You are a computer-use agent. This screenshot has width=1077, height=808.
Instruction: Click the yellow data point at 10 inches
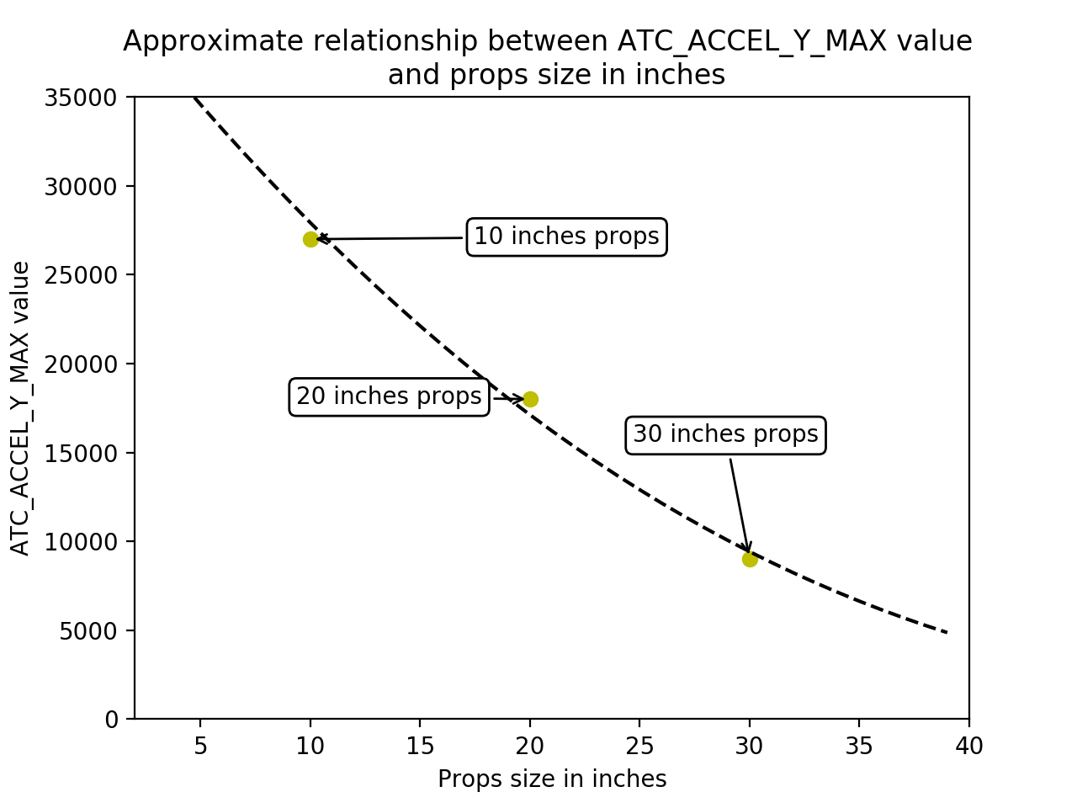coord(310,239)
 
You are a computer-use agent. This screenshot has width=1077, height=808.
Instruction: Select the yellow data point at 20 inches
coord(530,399)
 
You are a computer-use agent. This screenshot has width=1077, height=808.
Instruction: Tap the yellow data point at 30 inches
coord(750,559)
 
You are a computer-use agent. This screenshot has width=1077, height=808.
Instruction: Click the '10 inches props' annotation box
coord(566,237)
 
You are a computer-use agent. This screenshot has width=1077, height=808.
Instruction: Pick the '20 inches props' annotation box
coord(389,396)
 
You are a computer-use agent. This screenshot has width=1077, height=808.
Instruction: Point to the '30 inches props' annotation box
coord(725,434)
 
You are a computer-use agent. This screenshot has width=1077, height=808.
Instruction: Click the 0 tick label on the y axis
coord(110,719)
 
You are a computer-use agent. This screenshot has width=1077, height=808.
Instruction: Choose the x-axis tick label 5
coord(200,746)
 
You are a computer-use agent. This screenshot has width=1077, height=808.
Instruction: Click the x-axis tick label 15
coord(420,746)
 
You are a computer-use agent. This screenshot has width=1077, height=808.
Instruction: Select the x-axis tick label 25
coord(639,746)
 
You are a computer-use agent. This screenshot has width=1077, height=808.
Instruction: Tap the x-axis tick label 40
coord(969,746)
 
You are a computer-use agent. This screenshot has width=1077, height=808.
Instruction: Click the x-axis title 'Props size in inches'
coord(552,779)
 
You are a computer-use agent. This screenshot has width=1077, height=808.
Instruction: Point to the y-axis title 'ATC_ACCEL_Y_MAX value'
coord(20,408)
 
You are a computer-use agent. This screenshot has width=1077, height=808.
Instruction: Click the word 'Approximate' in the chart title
coord(189,41)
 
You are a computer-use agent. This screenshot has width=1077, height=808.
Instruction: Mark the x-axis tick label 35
coord(859,746)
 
